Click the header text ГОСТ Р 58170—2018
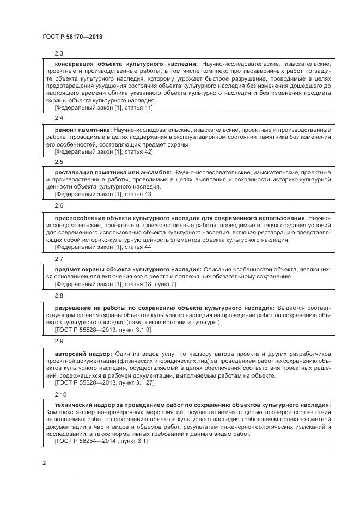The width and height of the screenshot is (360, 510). point(72,37)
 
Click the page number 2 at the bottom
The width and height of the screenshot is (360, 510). point(44,463)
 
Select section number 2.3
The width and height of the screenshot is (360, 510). point(59,54)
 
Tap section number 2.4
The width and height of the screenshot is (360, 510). point(59,118)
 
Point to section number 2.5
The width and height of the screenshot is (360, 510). point(59,162)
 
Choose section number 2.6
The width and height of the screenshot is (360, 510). point(59,206)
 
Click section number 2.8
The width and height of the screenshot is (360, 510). point(59,295)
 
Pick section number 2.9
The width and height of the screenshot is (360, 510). point(59,341)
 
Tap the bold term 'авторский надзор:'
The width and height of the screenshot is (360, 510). point(83,353)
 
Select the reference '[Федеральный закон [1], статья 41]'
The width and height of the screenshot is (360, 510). point(103,107)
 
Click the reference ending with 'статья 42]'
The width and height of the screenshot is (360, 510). point(103,152)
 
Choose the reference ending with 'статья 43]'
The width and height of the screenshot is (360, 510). point(103,194)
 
